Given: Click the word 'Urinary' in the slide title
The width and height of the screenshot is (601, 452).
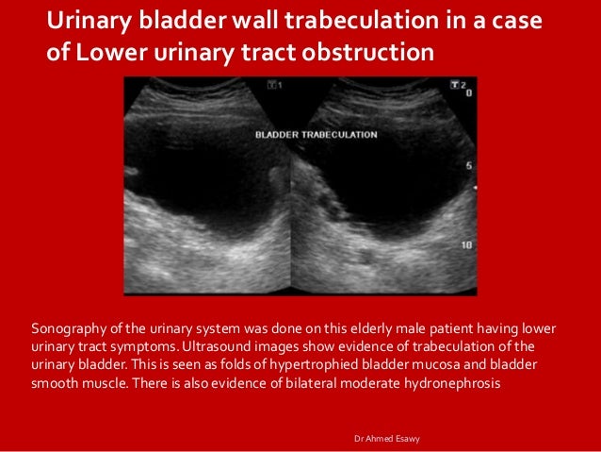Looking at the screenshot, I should coord(89,21).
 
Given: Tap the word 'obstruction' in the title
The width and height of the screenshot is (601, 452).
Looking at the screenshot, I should coord(368,52).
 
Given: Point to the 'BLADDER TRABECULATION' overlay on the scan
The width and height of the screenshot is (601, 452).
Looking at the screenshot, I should coord(317,135).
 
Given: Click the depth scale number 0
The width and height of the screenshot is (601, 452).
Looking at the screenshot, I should coord(468,94).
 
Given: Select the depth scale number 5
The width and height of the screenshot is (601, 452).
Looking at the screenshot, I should coord(468,166).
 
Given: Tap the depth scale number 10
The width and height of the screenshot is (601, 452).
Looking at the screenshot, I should coord(466,243).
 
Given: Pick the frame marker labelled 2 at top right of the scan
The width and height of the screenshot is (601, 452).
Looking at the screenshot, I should coord(461,85).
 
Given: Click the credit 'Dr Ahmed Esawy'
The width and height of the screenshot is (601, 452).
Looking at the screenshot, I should coord(386,439).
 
